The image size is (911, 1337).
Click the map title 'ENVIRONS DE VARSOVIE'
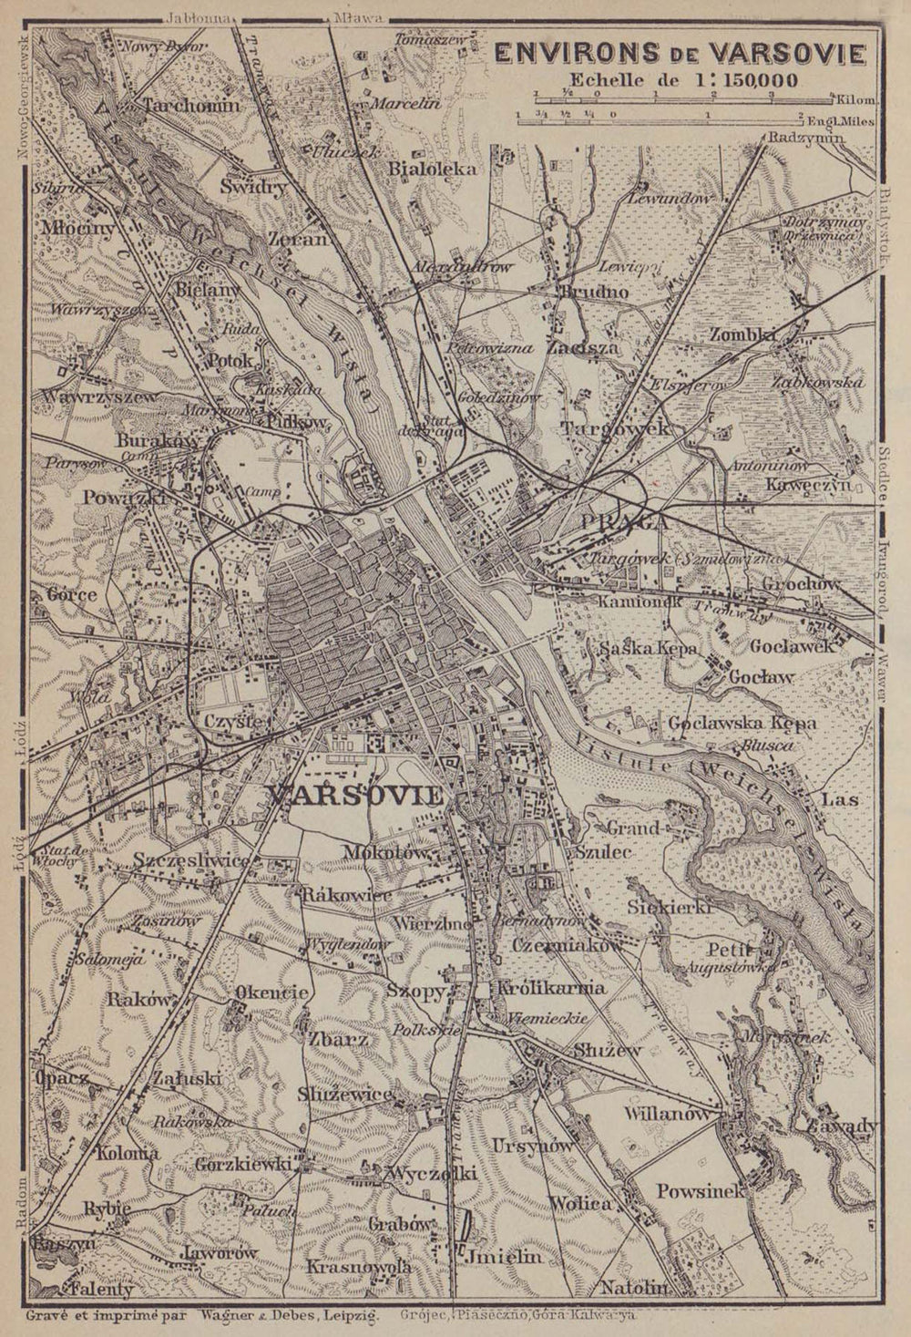[x=680, y=54]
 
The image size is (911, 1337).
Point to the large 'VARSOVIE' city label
[x=356, y=795]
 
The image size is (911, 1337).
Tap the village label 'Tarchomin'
[x=191, y=106]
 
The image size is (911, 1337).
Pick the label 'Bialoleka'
[x=433, y=169]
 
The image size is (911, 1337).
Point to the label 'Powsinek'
[x=700, y=1190]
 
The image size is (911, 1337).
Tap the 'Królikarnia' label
[x=550, y=988]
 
